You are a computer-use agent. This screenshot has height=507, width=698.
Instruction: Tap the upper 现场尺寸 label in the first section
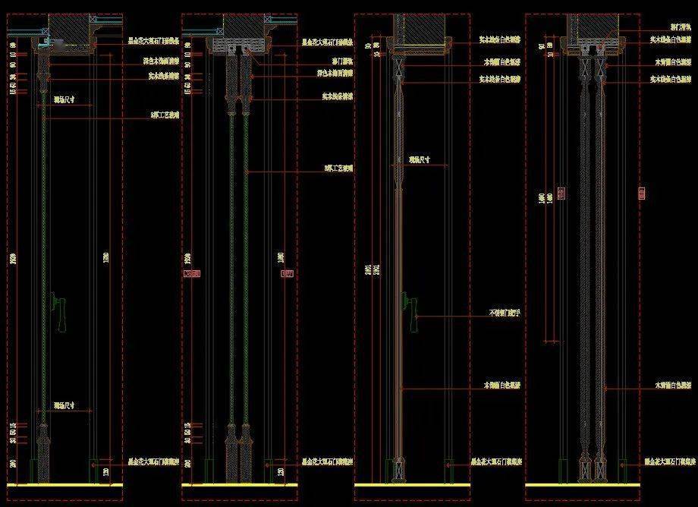tap(63, 99)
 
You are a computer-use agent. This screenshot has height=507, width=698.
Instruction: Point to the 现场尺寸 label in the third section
tap(419, 160)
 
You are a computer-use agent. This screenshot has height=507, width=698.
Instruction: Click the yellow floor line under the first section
tap(64, 484)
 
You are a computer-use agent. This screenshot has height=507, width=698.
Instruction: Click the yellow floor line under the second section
tap(238, 484)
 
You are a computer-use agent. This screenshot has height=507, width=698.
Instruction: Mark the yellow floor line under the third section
tap(413, 484)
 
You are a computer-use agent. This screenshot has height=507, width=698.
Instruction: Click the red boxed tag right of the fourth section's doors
tap(643, 193)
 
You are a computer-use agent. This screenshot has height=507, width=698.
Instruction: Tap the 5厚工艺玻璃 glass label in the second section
tap(338, 169)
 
